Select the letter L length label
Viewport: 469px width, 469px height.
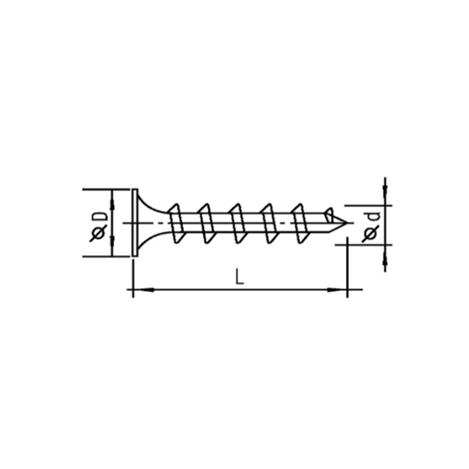239,277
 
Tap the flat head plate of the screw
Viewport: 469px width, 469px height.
134,223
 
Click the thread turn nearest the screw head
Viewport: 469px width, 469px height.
177,223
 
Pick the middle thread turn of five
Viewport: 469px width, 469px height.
237,223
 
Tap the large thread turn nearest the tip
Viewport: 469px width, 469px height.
299,223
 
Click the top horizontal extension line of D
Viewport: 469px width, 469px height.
104,189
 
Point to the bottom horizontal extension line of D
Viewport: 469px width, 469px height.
104,256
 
